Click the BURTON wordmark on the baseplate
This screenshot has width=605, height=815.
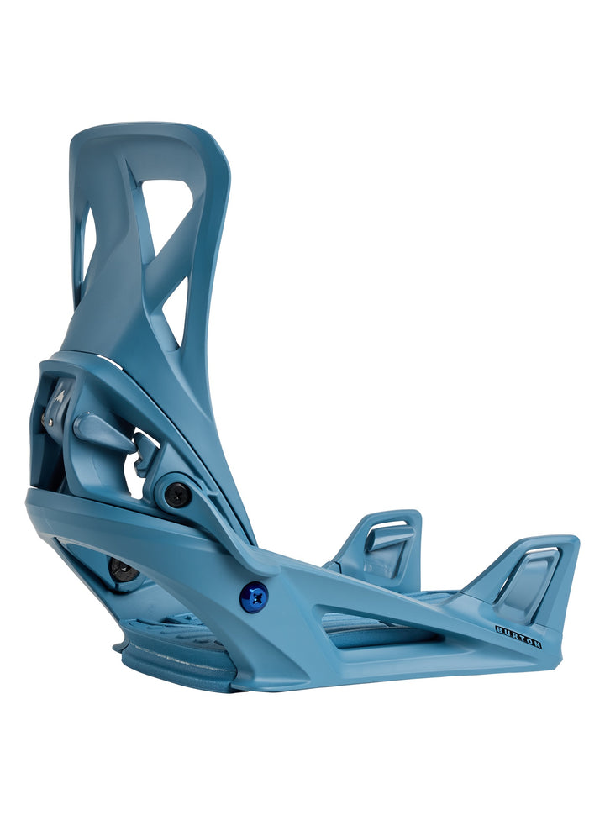click(518, 636)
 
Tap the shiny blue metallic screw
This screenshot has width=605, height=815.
click(253, 597)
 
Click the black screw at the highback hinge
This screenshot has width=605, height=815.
click(177, 495)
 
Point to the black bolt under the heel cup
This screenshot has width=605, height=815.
click(124, 570)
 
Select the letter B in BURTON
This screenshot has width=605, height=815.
click(499, 628)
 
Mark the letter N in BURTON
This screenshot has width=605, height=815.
click(537, 644)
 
